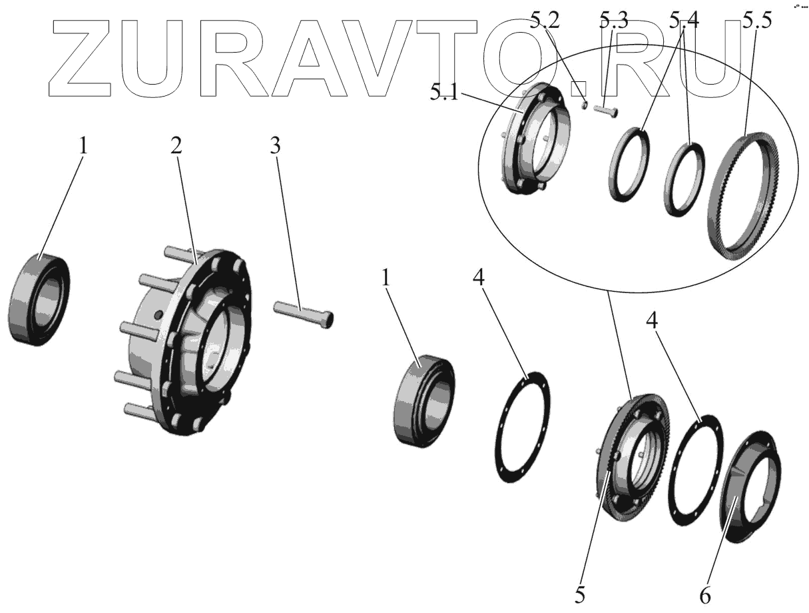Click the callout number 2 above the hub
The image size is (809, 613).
(x=176, y=147)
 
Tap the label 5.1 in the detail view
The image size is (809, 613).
(x=444, y=93)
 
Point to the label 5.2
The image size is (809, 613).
(x=546, y=23)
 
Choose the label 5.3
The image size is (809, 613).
(x=613, y=23)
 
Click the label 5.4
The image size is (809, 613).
(x=684, y=23)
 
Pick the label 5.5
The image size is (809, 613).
(x=758, y=23)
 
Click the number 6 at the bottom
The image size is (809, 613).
(x=705, y=595)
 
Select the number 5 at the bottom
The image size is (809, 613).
(x=581, y=595)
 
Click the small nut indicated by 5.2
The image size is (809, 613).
(x=583, y=105)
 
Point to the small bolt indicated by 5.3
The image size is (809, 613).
(x=605, y=111)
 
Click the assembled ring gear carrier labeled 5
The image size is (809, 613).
(x=632, y=460)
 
